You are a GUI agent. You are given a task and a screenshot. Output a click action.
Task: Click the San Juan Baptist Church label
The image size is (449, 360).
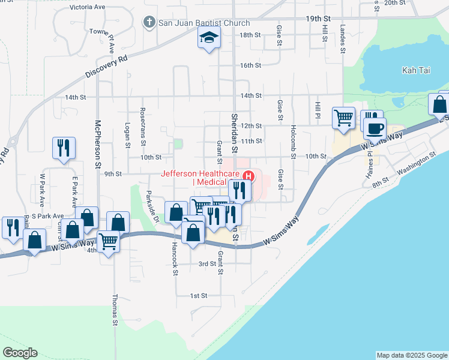(203, 23)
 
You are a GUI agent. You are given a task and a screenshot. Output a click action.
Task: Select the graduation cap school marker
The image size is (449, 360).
(209, 38)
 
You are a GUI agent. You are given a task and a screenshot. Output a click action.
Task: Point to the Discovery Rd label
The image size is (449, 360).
(107, 67)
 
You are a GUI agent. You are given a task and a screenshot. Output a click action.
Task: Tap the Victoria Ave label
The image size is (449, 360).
(87, 7)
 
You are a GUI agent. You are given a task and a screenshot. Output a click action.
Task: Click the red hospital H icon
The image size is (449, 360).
(248, 176)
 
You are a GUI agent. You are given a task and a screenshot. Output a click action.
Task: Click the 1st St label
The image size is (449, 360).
(199, 296)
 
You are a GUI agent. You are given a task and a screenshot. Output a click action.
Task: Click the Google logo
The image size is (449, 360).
(20, 352)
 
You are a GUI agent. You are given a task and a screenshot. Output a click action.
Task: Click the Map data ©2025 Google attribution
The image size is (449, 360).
(412, 355)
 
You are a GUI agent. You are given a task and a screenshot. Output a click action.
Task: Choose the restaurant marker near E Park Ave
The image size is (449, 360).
(64, 147)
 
